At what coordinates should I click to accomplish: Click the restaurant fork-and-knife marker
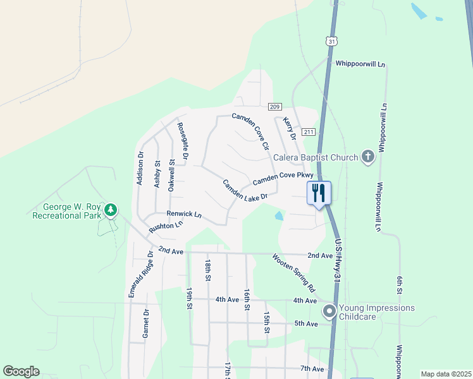(x=319, y=192)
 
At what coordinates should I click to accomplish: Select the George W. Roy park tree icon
(x=111, y=209)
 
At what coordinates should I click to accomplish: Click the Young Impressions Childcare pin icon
(x=329, y=311)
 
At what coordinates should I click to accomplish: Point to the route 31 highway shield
(x=331, y=40)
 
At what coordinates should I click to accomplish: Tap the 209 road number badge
(x=274, y=107)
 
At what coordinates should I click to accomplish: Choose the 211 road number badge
(x=308, y=132)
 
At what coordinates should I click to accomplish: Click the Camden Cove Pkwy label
(x=283, y=179)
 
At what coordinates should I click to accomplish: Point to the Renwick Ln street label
(x=184, y=215)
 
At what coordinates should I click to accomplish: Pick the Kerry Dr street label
(x=290, y=128)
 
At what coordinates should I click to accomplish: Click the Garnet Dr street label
(x=145, y=323)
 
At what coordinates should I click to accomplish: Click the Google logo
(x=21, y=371)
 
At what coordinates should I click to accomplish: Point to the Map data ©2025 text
(x=446, y=374)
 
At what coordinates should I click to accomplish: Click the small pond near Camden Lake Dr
(x=279, y=216)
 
